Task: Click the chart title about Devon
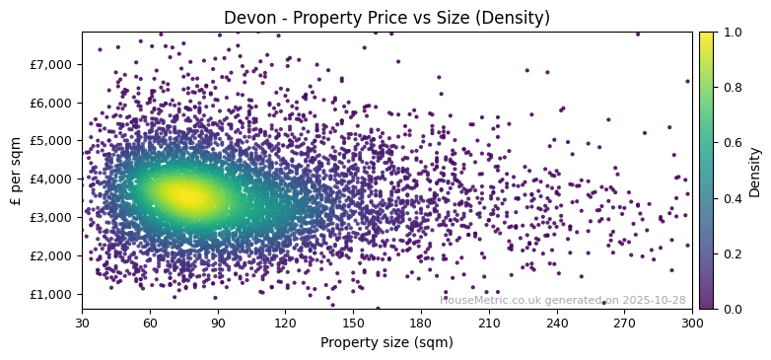[386, 18]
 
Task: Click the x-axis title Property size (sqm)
[386, 343]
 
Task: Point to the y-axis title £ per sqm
[16, 171]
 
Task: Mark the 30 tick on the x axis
[82, 323]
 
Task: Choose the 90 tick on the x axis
[218, 323]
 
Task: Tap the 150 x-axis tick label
[353, 323]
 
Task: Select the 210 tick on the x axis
[489, 323]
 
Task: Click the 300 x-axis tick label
[692, 323]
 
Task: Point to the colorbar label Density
[755, 171]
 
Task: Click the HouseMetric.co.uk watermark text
[562, 300]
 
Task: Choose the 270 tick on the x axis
[624, 323]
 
